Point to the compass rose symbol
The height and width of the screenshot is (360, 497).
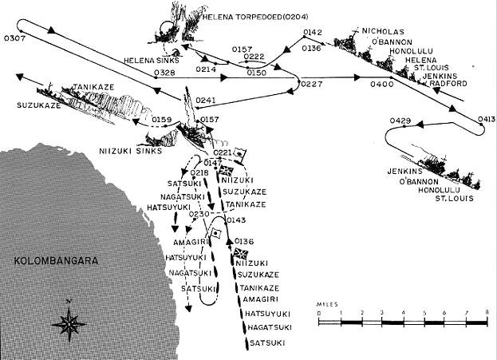pos(69,323)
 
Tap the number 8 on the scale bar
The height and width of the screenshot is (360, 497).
pos(486,311)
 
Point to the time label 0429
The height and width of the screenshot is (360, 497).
pos(400,121)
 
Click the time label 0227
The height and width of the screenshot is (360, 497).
pos(312,84)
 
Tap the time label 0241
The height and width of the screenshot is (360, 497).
pos(206,101)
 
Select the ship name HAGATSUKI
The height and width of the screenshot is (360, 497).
pos(269,326)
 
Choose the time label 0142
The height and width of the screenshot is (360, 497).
pos(314,32)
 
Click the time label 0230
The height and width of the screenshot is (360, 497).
pos(199,213)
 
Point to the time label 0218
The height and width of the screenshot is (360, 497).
pos(200,172)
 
